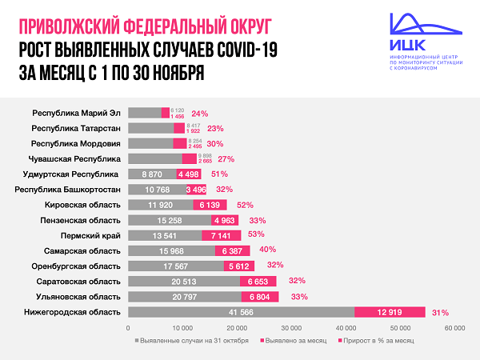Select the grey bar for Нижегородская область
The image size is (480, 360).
tap(241, 312)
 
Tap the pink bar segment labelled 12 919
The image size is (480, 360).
tap(390, 312)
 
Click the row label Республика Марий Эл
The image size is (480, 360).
tap(77, 114)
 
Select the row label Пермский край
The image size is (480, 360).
tap(91, 236)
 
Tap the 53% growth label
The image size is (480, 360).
tap(256, 236)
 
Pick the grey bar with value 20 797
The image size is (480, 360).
tap(184, 297)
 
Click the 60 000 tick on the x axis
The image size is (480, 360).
tap(454, 328)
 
